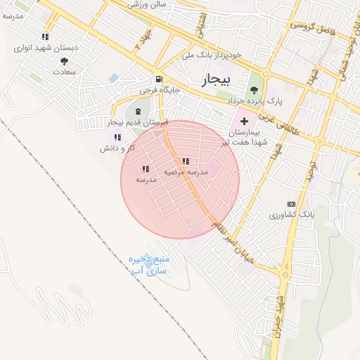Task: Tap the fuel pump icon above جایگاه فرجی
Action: (160, 79)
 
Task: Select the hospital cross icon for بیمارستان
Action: (244, 122)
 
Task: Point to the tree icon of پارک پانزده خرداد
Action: (254, 89)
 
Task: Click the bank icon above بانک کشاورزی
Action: (291, 203)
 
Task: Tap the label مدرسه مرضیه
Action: (186, 172)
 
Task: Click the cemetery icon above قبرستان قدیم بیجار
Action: (138, 111)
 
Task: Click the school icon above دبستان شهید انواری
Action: (46, 37)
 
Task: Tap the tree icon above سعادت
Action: (64, 61)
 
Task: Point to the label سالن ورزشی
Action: (148, 4)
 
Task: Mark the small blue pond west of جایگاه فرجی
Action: (113, 77)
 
